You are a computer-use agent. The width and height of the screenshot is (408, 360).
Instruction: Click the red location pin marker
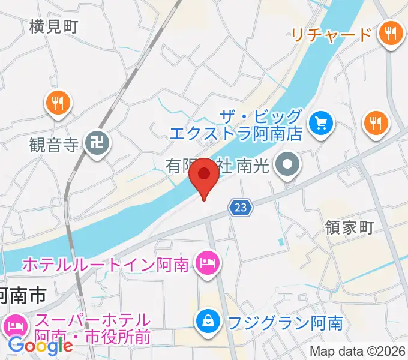coord(205,175)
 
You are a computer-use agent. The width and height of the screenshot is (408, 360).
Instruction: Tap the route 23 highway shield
coord(241,208)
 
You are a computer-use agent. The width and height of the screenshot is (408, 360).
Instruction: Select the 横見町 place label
coord(53,26)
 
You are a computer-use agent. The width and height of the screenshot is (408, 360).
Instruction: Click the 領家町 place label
coord(349,227)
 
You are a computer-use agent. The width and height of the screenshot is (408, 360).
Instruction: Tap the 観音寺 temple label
coord(54,144)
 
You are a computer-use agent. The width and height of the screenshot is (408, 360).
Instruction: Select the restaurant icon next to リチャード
coord(391,34)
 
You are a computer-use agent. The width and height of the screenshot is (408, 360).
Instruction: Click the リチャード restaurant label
coord(332,34)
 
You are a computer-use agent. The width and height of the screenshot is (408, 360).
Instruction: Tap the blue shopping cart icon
coord(321,124)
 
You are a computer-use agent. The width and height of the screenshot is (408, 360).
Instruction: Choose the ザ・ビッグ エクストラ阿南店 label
coord(235,124)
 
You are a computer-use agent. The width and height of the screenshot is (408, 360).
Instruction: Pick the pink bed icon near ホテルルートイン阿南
coord(207,262)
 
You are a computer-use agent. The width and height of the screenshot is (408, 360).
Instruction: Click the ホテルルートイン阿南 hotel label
coord(107,263)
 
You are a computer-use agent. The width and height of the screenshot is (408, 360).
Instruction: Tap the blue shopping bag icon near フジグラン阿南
coord(208,321)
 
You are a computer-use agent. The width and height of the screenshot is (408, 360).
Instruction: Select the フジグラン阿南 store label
coord(285,323)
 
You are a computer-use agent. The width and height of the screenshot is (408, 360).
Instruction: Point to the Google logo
coord(40,345)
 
